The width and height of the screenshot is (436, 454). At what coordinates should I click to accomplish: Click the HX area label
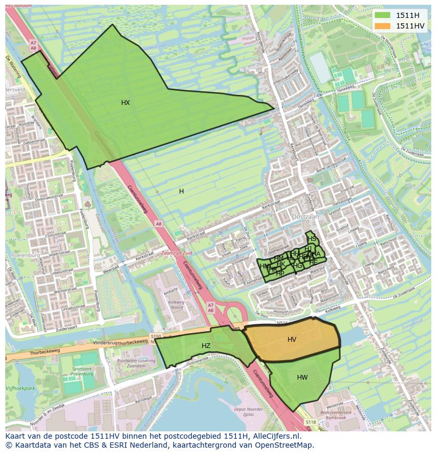pos(125,103)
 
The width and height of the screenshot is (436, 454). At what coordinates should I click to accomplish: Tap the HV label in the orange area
pos(292,340)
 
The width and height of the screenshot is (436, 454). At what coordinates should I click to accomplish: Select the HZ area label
pos(206,346)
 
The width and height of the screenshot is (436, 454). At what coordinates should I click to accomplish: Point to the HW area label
pos(302,378)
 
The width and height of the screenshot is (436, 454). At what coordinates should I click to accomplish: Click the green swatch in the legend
pos(383,15)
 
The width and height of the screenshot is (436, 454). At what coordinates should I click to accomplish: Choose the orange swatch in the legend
pos(383,26)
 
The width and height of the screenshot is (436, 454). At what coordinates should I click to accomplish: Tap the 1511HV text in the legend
pos(410,26)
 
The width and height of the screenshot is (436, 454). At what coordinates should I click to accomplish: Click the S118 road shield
pos(311,422)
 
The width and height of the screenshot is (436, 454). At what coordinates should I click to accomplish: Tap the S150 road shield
pos(155,336)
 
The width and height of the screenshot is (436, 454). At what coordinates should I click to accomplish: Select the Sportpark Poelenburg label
pos(82,371)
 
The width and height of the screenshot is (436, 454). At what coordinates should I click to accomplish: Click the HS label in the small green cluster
pos(312,239)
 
